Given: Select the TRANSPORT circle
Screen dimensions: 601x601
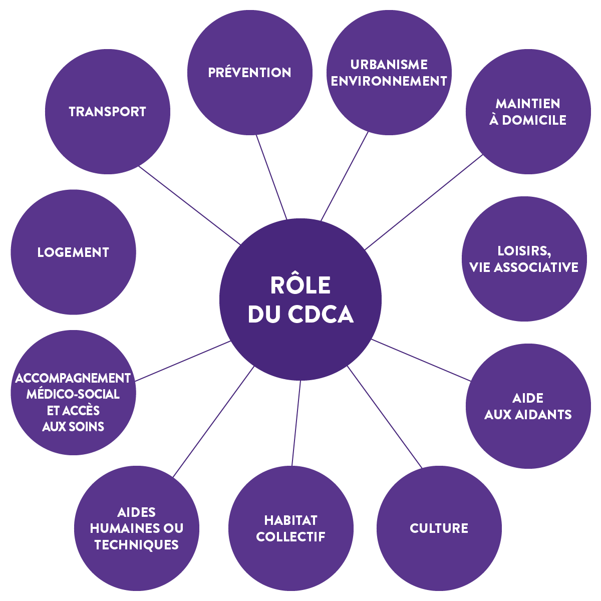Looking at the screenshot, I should click(x=108, y=112).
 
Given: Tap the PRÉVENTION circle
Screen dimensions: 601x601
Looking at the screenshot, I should click(x=249, y=73).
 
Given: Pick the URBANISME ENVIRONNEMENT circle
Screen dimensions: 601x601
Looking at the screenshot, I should click(x=389, y=73).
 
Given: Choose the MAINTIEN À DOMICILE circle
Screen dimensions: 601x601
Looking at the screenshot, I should click(x=528, y=112).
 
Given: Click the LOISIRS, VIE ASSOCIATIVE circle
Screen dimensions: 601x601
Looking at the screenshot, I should click(x=524, y=259).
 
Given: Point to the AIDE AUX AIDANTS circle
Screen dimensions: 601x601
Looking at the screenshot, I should click(x=528, y=406).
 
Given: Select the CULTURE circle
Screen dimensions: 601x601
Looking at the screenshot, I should click(x=439, y=528).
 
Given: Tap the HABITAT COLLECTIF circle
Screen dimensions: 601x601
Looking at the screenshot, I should click(x=291, y=528).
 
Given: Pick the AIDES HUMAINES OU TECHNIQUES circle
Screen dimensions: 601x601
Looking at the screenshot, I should click(x=137, y=528).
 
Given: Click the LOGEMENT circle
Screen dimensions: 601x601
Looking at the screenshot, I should click(x=73, y=252).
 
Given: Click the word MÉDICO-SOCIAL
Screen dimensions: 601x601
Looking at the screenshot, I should click(x=73, y=394).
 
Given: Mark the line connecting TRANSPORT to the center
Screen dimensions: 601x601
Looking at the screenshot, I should click(x=189, y=205).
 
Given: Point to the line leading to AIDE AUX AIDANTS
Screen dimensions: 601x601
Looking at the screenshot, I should click(x=421, y=360).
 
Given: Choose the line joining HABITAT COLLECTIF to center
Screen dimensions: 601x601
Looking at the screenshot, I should click(x=296, y=423).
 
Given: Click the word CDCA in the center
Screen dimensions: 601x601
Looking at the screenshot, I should click(x=321, y=315).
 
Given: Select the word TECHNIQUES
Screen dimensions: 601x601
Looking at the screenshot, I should click(x=137, y=545).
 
